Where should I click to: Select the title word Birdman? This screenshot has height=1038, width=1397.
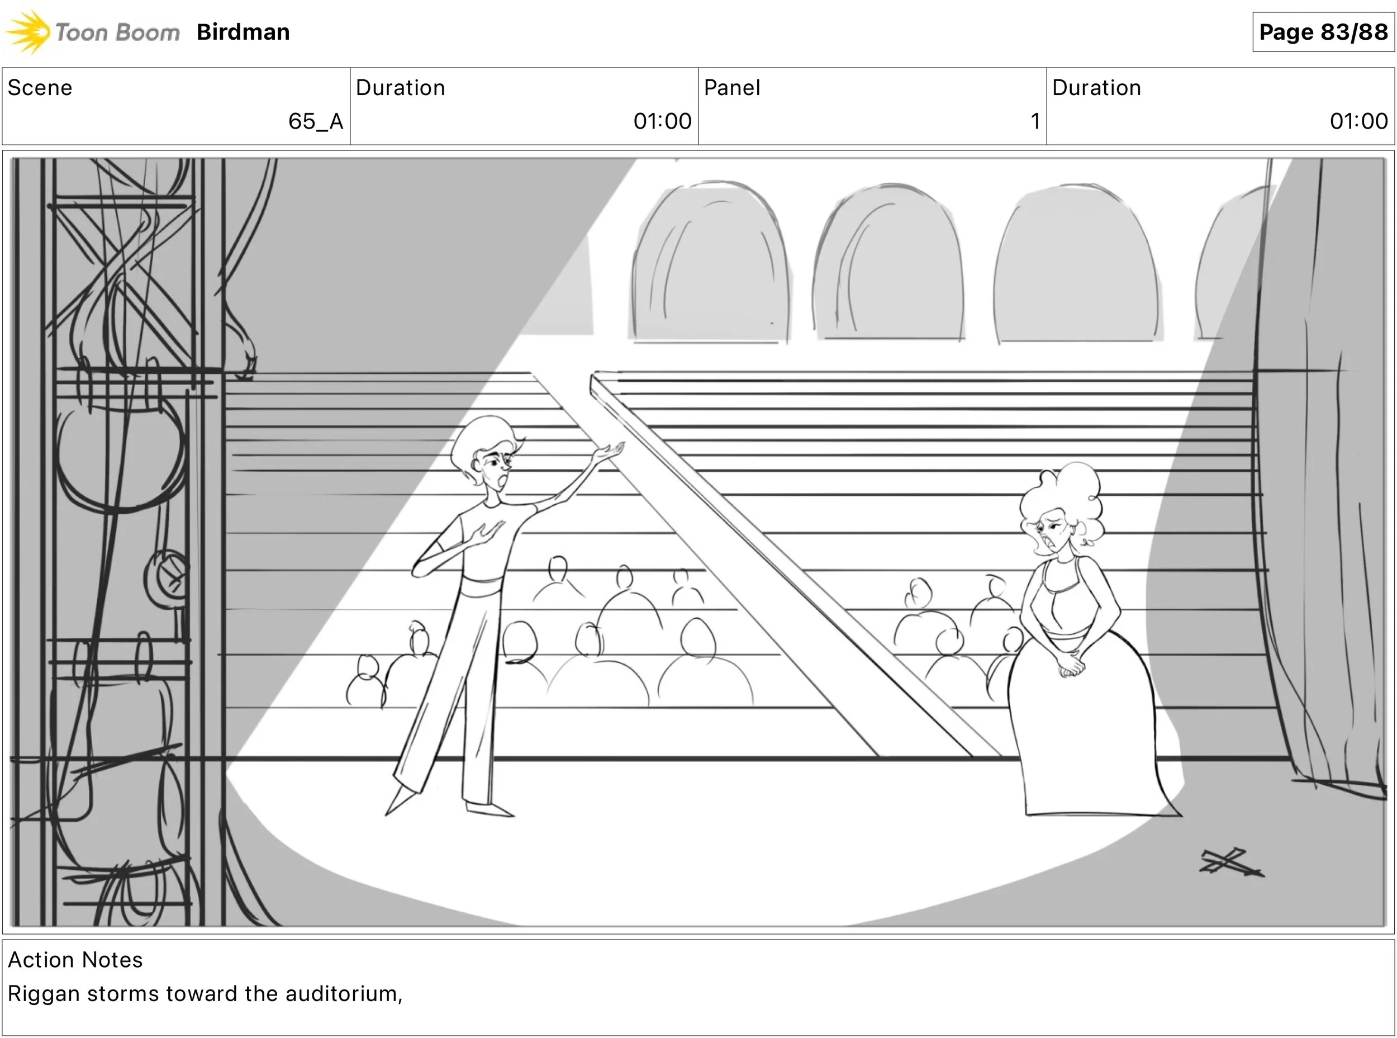tap(243, 32)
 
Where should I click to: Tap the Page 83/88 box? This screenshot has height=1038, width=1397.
tap(1323, 32)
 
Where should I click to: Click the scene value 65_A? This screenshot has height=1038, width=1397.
tap(315, 121)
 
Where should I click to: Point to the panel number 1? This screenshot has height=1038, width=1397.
tap(1034, 121)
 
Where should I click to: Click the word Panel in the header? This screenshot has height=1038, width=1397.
tap(732, 88)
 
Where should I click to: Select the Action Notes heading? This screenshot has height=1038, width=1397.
tap(75, 959)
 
